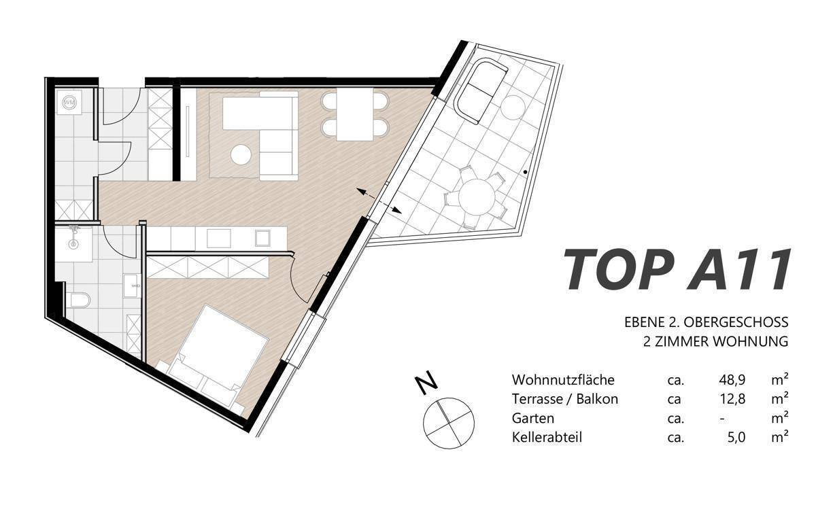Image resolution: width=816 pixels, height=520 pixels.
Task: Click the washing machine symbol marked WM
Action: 69,103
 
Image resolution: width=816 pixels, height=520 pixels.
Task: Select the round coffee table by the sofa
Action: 241,155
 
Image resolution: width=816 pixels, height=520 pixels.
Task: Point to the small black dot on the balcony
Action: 525,171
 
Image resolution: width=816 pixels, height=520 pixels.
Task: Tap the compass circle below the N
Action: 449,423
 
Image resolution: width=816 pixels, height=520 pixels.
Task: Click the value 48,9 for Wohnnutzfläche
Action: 732,380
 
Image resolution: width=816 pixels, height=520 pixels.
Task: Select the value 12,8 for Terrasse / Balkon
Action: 732,399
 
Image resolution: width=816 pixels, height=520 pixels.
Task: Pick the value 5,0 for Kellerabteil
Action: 736,437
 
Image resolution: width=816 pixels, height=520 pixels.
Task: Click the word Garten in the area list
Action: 533,419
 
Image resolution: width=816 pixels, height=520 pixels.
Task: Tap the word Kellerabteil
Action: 547,437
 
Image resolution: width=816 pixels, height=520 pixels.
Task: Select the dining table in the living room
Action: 355,114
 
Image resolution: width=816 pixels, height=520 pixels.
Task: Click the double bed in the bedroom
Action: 214,358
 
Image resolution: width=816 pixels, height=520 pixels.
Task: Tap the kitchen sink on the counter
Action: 218,239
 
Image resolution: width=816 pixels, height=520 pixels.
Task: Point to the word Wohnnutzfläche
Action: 563,380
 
